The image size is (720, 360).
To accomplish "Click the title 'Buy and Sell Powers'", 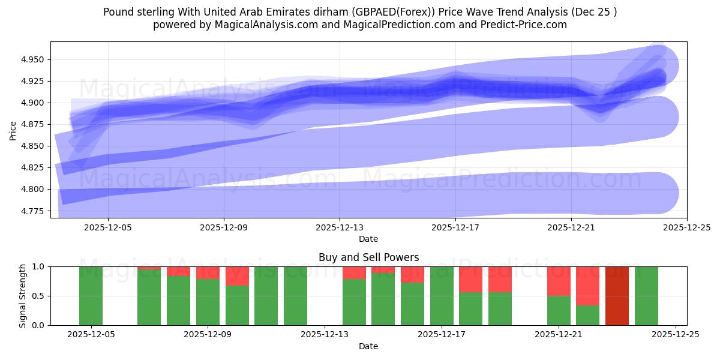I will [368, 257].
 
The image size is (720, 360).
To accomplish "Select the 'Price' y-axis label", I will [13, 130].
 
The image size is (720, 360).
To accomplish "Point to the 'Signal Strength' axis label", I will [22, 296].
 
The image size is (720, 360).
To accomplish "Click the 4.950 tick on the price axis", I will [34, 60].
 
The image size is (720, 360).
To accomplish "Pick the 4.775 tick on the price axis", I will [34, 211].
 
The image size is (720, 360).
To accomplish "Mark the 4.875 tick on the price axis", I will [34, 125].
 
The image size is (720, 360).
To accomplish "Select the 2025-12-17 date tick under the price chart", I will [455, 227].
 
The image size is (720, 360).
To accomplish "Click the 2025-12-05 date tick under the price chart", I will [108, 227].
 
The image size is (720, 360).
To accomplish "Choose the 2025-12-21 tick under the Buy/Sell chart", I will [559, 335].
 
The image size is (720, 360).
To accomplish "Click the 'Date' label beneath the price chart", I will [368, 239].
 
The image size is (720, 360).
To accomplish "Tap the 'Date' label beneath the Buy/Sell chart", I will [368, 346].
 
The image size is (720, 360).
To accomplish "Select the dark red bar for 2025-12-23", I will [617, 296].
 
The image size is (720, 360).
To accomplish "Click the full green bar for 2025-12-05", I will [91, 296].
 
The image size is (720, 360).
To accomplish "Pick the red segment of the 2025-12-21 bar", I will [559, 281].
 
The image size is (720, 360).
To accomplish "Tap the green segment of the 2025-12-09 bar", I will [208, 302].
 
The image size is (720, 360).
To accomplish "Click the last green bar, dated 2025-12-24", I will [646, 296].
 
